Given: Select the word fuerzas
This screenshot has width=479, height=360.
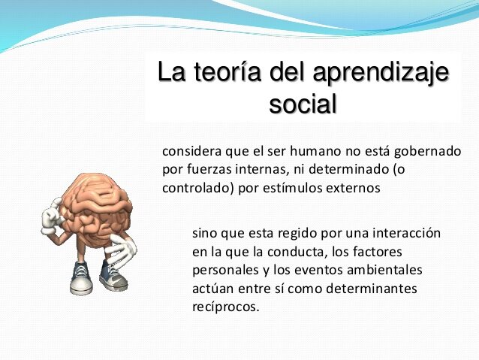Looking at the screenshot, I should click(x=209, y=170).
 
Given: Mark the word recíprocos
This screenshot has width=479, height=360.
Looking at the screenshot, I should click(x=225, y=307).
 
